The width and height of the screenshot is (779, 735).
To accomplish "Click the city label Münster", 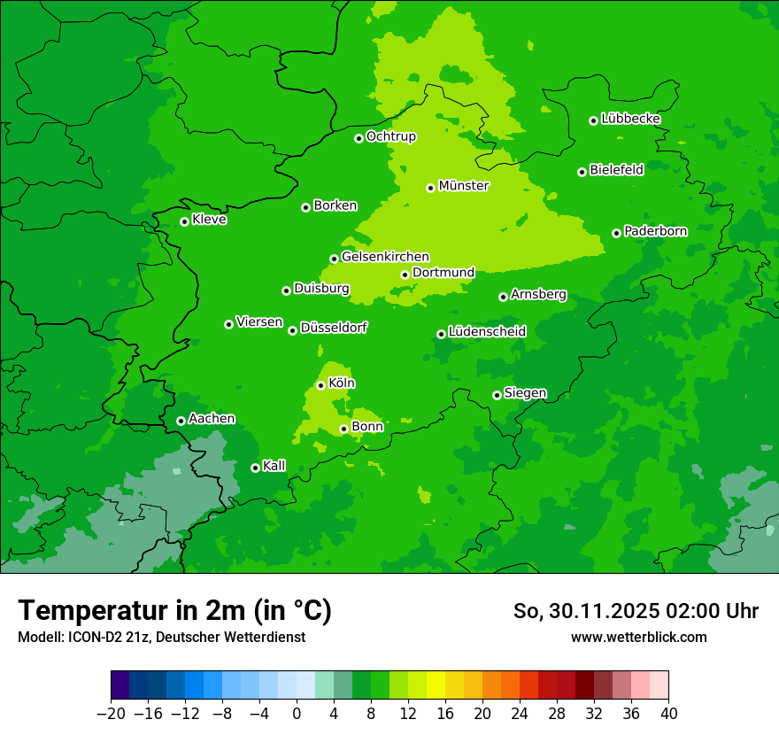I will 463,186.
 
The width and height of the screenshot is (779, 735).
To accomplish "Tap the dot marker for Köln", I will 320,385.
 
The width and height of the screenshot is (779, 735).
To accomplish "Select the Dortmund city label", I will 443,273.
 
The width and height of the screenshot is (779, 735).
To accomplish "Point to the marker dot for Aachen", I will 181,421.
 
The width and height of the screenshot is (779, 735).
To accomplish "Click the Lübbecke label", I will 630,119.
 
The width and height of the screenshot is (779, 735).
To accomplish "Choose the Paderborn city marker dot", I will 616,233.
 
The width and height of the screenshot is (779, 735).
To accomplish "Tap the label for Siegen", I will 525,393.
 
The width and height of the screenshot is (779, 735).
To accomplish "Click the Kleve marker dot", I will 184,221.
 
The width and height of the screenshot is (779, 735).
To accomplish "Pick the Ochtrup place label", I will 390,136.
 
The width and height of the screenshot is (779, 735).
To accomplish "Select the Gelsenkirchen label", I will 385,257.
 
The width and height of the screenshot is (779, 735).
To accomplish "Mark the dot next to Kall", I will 255,468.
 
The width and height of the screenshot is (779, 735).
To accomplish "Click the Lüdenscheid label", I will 487,332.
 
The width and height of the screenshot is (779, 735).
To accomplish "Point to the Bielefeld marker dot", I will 582,172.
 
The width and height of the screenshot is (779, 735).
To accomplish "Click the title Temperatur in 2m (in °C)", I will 174,611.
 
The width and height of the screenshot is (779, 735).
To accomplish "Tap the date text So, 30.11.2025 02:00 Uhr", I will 636,611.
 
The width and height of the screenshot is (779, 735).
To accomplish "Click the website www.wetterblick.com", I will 638,637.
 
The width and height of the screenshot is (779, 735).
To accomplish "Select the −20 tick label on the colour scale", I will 111,714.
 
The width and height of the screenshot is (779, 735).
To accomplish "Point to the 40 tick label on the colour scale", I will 668,714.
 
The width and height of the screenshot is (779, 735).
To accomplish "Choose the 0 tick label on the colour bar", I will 297,714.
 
